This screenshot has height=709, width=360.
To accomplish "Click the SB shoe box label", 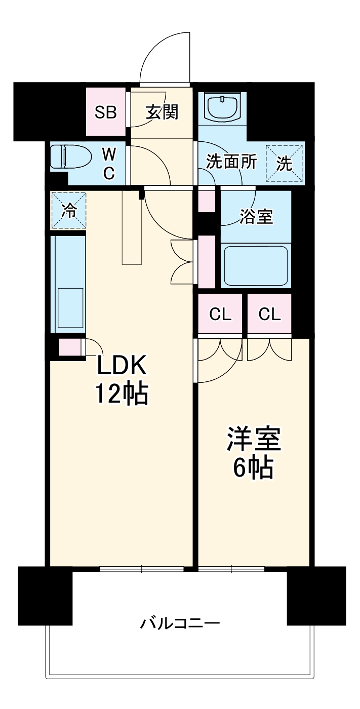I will coord(106,112).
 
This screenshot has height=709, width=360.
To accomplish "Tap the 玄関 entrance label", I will coord(162,112).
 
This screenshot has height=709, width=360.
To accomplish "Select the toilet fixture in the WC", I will coord(71,157).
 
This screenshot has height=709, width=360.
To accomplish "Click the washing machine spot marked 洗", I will coord(284,163).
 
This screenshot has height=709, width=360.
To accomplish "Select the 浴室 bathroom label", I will coord(256,217).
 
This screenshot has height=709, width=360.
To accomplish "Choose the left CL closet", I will coord(220,314).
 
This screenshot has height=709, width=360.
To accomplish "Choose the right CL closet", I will coord(269,314).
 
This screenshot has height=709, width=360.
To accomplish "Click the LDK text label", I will coord(122,365).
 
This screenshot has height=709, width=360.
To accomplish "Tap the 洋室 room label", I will coord(254,440).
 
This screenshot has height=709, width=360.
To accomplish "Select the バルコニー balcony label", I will coord(180,622).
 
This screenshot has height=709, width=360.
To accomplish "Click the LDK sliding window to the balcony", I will coord(142,569).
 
